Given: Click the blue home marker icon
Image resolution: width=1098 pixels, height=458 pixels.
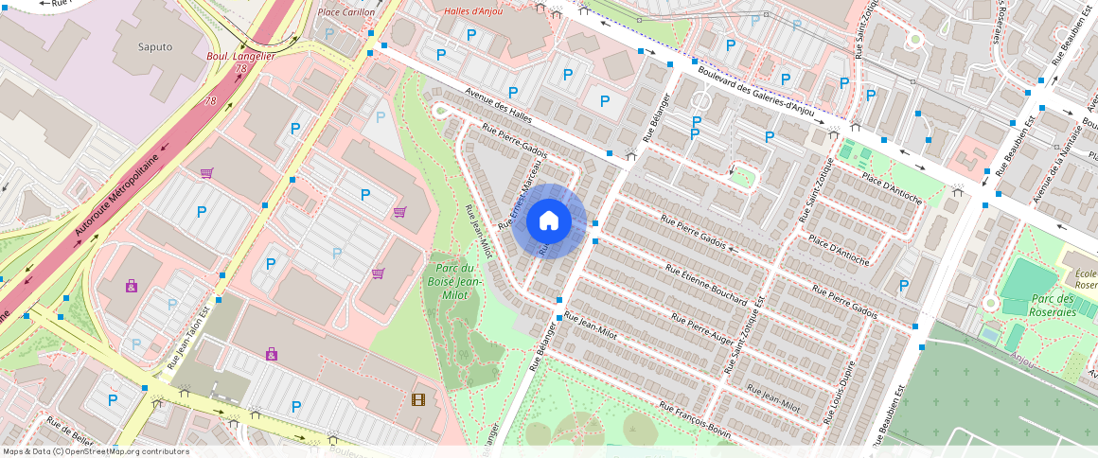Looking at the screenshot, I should [x=548, y=221].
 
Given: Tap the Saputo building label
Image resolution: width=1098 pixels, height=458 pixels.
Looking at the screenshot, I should [x=155, y=46].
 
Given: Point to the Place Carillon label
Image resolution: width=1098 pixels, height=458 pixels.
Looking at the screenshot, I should [x=345, y=12].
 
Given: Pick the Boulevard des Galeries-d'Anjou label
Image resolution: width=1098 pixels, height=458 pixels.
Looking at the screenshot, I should [x=755, y=89].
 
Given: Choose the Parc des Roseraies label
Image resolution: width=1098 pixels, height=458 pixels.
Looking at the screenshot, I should [x=1051, y=304].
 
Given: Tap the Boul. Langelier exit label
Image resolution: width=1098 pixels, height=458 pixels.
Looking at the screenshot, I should [x=240, y=57].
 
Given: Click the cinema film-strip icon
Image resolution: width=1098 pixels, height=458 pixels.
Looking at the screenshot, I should [x=418, y=399].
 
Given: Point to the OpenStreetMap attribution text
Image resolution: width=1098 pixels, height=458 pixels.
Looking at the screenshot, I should [x=97, y=451].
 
